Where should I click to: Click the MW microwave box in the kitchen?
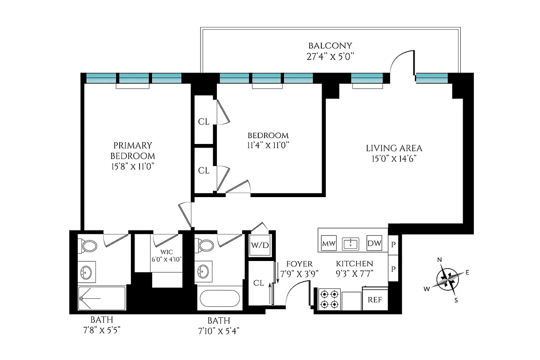tap(329, 244)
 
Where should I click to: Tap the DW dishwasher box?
tap(374, 243)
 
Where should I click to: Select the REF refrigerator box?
tap(375, 300)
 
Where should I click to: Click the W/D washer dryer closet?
tap(260, 245)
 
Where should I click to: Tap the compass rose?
tap(448, 279)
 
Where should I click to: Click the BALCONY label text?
tap(330, 46)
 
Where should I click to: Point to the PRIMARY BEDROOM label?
tap(133, 150)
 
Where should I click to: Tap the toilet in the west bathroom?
tap(89, 246)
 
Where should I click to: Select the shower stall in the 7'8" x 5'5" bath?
tap(101, 298)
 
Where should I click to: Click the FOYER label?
tap(296, 264)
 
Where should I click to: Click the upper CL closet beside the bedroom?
tap(204, 121)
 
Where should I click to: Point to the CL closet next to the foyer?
tap(258, 283)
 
